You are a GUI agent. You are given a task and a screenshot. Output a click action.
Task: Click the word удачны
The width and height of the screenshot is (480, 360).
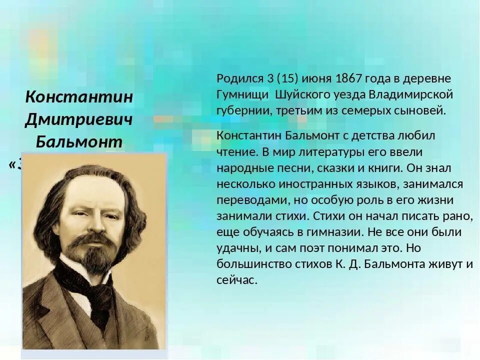235,248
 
